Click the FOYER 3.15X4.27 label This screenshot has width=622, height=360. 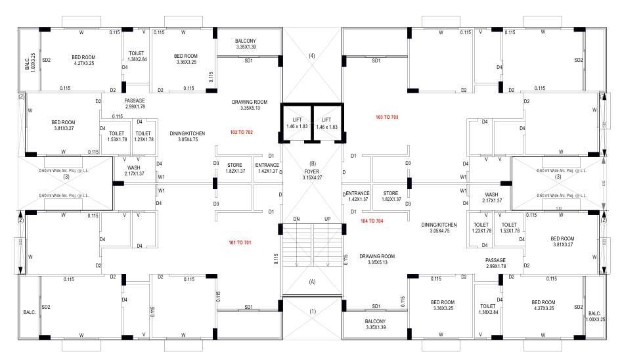point(311,174)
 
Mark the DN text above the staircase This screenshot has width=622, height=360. point(296,218)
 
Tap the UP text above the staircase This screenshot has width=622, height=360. point(327,218)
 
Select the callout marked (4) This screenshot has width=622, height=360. point(311,56)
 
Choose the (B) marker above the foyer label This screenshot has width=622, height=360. point(312,164)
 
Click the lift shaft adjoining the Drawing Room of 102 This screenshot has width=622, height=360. point(296,123)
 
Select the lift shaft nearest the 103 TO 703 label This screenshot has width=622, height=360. point(326,123)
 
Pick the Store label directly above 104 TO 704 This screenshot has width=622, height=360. point(391,196)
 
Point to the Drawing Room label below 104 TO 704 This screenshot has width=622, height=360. point(376,259)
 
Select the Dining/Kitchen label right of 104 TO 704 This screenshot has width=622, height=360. point(443,227)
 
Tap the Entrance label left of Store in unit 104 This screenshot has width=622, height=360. point(358,196)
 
